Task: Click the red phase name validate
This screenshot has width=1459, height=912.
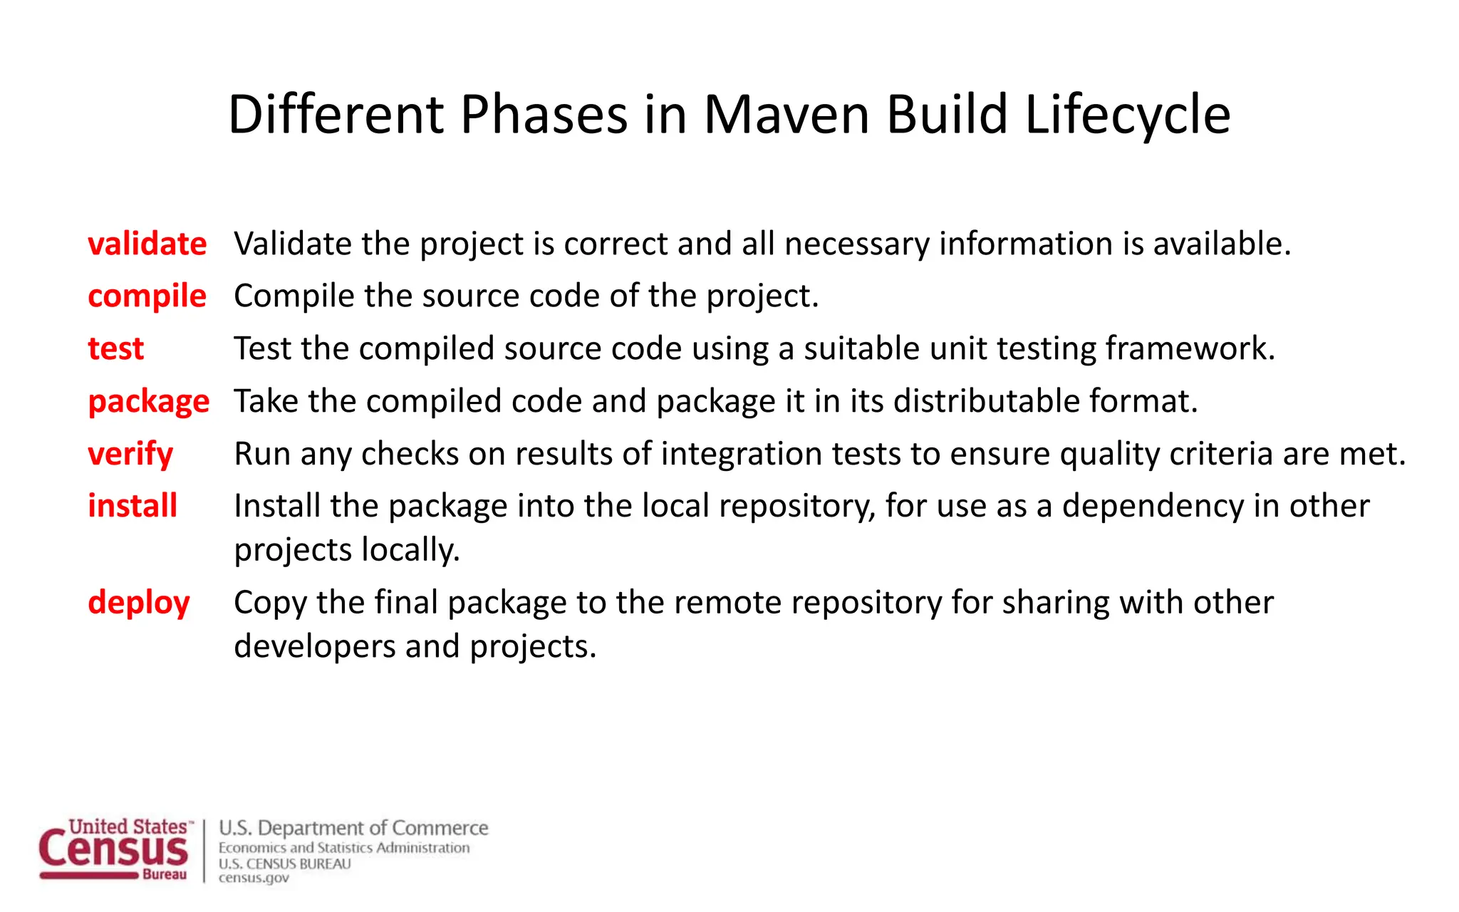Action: click(x=147, y=244)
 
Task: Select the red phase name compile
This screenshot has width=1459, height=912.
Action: click(x=147, y=296)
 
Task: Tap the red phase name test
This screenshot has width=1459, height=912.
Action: click(x=115, y=349)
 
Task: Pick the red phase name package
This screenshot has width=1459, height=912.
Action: click(x=148, y=402)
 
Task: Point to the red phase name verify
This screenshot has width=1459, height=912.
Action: click(x=130, y=455)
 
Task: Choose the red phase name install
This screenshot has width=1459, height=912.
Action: click(x=132, y=506)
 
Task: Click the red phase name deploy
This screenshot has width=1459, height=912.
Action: click(x=138, y=603)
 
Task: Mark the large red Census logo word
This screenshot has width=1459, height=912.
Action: click(x=114, y=851)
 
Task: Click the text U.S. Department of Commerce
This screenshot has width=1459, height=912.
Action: click(x=353, y=828)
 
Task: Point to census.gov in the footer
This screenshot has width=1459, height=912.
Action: click(x=254, y=878)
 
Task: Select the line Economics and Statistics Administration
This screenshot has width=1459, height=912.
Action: click(x=344, y=848)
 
